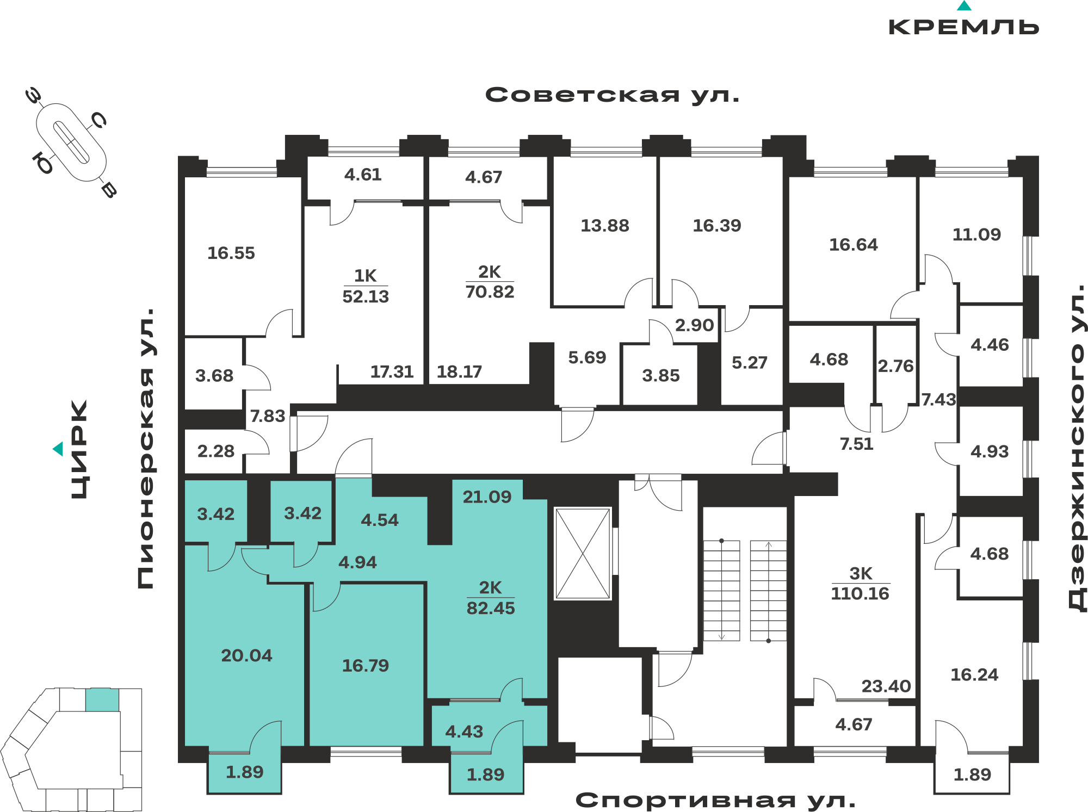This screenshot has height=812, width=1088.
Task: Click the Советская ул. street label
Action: (x=612, y=95)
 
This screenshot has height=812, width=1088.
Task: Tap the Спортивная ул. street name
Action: (x=715, y=800)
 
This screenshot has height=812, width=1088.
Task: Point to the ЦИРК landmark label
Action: (x=79, y=449)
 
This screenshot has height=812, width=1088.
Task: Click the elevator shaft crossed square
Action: (x=583, y=554)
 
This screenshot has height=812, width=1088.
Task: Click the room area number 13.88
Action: (x=605, y=226)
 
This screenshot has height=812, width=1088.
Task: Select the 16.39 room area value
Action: (x=717, y=226)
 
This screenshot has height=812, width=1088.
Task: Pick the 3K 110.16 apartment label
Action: (x=860, y=584)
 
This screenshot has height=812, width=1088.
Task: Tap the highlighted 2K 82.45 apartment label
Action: (x=491, y=598)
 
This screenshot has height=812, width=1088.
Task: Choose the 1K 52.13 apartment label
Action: (x=366, y=286)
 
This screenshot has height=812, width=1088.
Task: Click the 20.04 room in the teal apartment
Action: (x=246, y=656)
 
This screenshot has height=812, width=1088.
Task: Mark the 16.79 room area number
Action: (x=366, y=666)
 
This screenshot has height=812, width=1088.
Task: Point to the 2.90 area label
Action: (x=694, y=325)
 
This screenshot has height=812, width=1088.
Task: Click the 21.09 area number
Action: (x=487, y=497)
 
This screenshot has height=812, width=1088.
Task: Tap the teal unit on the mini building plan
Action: (x=102, y=700)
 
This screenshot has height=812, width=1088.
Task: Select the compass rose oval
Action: (x=71, y=142)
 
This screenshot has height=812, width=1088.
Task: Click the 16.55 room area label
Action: (x=231, y=253)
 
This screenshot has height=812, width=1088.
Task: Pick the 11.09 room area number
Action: (x=976, y=235)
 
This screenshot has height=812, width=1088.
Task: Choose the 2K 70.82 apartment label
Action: (x=490, y=282)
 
